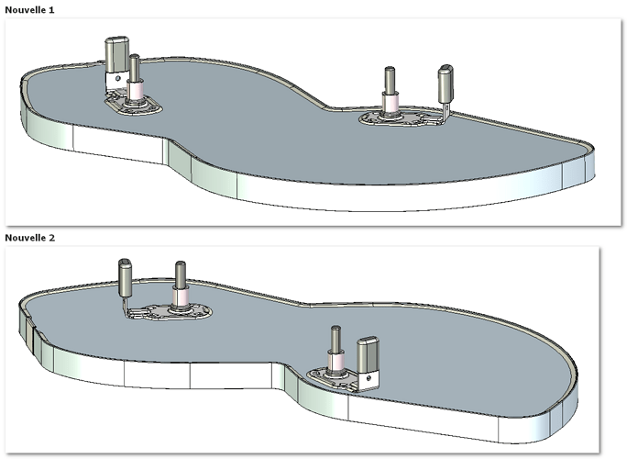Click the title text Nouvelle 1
click(29, 10)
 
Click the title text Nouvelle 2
click(29, 238)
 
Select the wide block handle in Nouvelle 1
click(116, 55)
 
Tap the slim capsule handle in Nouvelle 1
click(445, 84)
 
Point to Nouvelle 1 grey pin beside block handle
click(135, 67)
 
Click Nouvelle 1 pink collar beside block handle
click(135, 91)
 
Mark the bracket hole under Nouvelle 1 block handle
click(117, 79)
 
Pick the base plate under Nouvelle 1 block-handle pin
click(134, 106)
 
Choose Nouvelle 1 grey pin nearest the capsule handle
click(390, 80)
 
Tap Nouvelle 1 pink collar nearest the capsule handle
click(390, 103)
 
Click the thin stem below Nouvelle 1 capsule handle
click(446, 110)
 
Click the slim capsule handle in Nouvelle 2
click(126, 277)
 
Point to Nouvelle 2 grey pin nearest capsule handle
click(181, 274)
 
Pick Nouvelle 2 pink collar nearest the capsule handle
click(181, 297)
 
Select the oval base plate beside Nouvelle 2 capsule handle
click(176, 312)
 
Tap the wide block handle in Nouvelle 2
click(368, 355)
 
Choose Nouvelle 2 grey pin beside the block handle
click(335, 339)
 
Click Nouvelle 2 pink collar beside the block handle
click(335, 361)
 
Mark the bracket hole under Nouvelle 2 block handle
click(368, 377)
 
